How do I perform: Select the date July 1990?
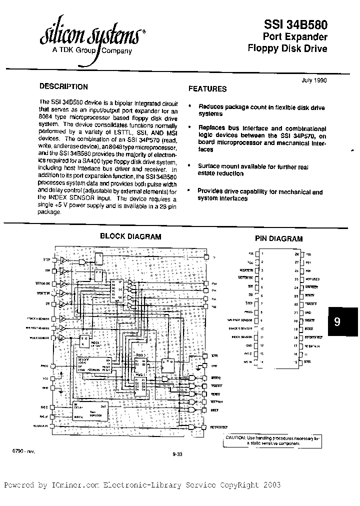coord(314,79)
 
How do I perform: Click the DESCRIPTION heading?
coord(63,86)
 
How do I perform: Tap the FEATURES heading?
coord(207,89)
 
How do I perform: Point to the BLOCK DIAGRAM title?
coord(130,236)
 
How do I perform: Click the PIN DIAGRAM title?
coord(279,239)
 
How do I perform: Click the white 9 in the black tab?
coord(337,322)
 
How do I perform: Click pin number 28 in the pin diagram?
coord(296,253)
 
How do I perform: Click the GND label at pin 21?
coord(309,312)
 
